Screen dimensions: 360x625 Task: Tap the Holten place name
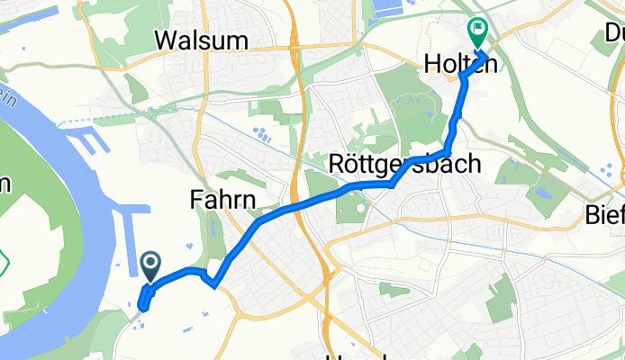(x=455, y=63)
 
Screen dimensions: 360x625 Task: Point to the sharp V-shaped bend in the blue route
(x=214, y=285)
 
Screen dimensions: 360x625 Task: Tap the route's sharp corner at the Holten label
(x=463, y=77)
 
